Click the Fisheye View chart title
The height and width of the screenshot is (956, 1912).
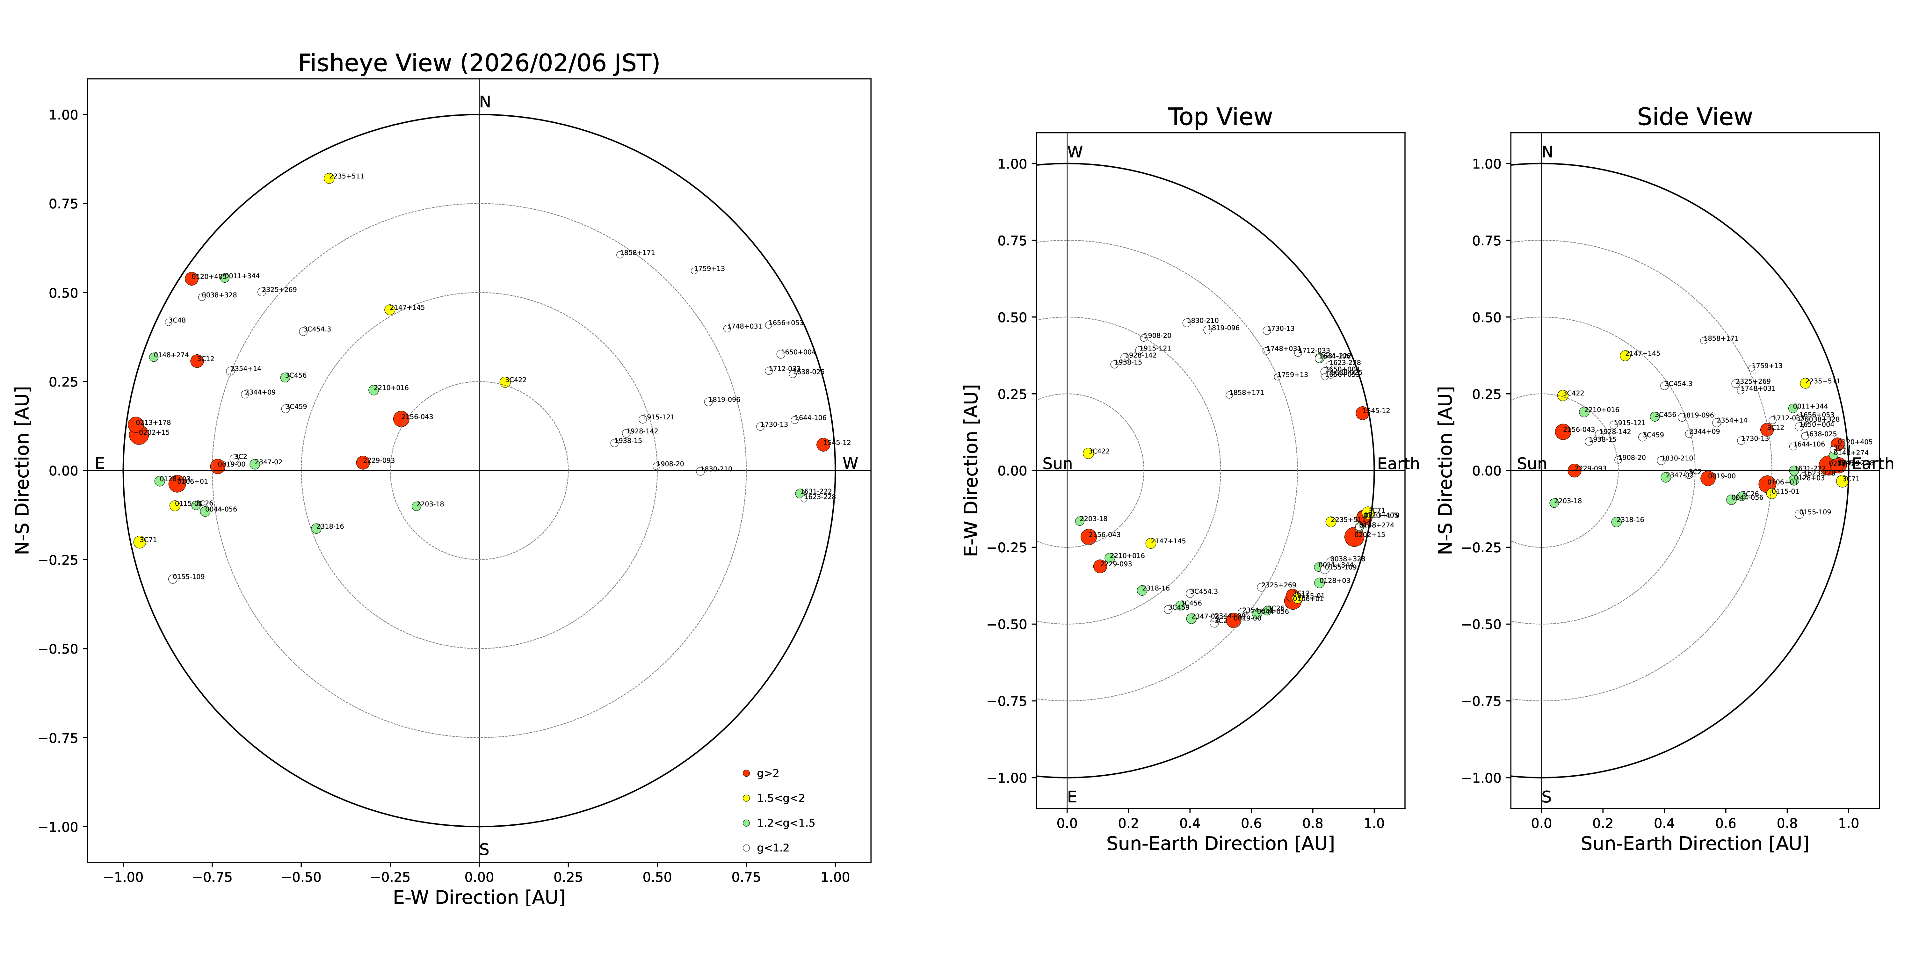tap(479, 63)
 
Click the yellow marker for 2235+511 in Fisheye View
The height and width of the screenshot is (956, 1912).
tap(329, 178)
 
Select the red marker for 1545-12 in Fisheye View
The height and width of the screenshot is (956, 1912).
tap(822, 445)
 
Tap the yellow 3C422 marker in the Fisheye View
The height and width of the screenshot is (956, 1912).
tap(505, 382)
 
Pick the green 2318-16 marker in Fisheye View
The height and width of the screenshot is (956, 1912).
tap(316, 528)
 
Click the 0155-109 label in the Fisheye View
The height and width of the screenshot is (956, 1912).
tap(189, 577)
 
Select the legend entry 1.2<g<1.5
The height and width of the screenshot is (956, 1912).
tap(785, 823)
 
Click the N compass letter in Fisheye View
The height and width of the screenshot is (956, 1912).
tap(485, 102)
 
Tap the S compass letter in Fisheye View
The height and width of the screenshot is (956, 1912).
tap(484, 850)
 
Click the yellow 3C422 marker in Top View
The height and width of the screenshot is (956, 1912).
tap(1088, 453)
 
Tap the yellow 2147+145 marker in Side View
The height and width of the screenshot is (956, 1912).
tap(1625, 356)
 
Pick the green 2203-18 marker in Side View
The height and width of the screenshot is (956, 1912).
tap(1554, 503)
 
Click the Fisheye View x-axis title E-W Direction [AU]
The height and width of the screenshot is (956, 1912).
tap(479, 897)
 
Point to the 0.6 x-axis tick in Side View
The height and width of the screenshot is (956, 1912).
tap(1726, 823)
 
